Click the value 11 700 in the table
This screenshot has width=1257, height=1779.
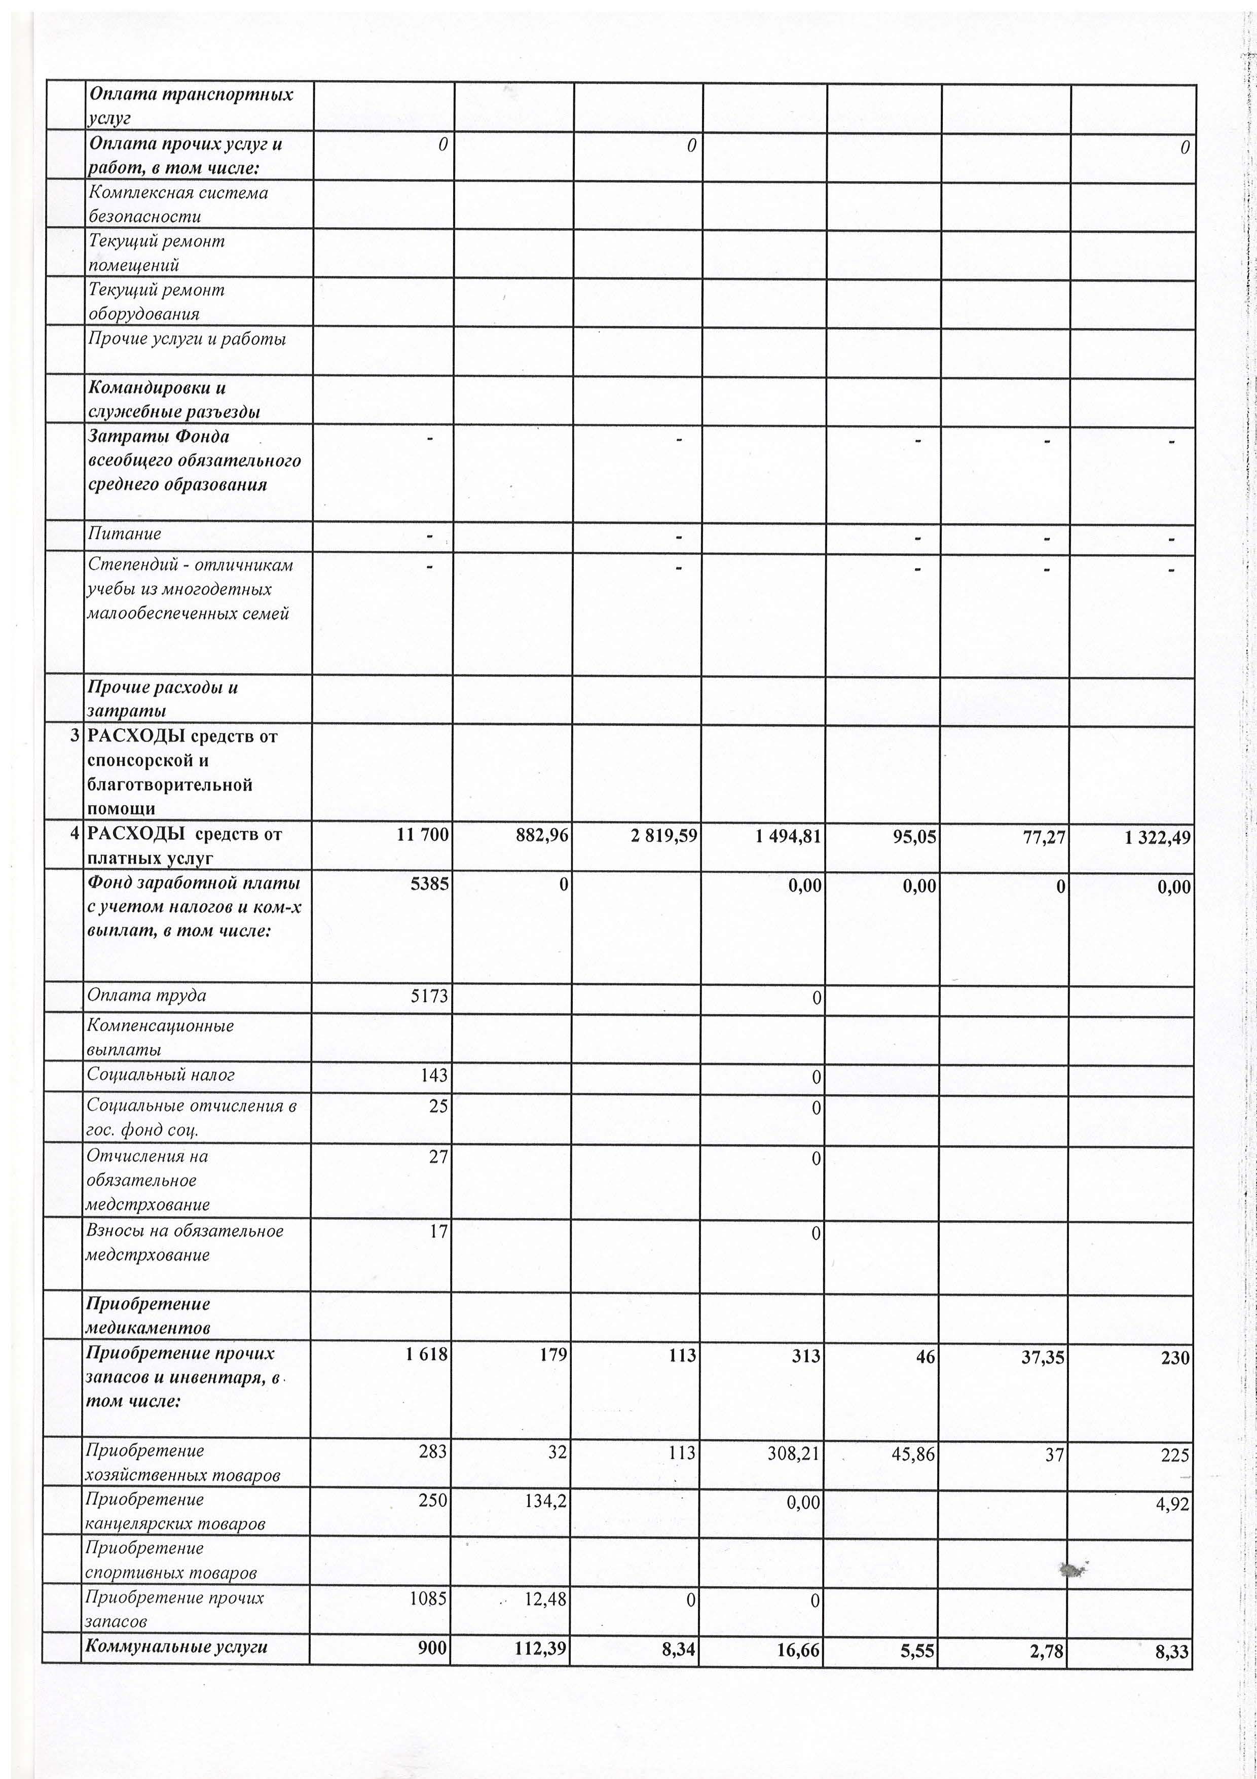pos(422,835)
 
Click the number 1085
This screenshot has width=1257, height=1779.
pos(429,1598)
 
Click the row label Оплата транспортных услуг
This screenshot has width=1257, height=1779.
pos(191,105)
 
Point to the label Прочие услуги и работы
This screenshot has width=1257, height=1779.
pos(187,339)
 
